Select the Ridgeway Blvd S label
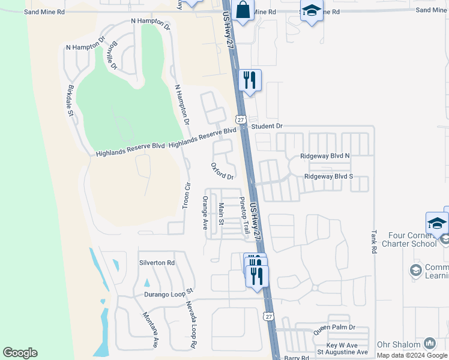coord(328,176)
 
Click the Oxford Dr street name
coord(222,171)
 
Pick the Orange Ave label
coord(205,213)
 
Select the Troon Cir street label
coord(186,195)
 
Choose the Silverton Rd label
coord(157,263)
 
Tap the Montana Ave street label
coord(150,330)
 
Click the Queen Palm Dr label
coord(334,328)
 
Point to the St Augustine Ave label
coord(342,352)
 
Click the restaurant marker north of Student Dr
coord(250,80)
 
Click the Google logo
coord(20,353)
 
